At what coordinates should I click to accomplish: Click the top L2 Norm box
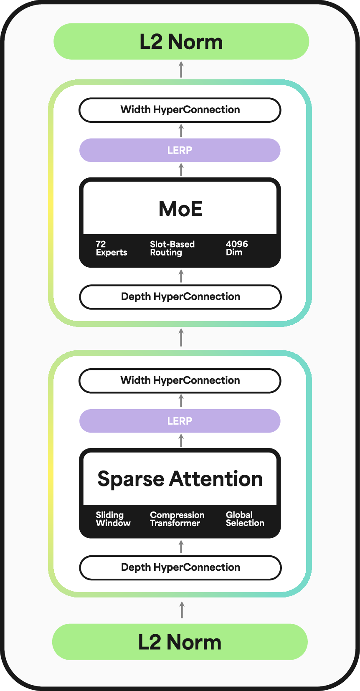(x=181, y=41)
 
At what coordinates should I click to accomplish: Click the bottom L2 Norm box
(x=180, y=642)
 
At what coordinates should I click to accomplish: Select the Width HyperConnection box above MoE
(x=180, y=110)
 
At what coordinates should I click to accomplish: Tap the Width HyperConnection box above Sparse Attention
(x=180, y=380)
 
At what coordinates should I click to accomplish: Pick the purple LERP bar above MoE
(x=180, y=150)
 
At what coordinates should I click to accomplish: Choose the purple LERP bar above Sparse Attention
(x=180, y=421)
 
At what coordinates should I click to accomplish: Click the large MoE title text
(x=180, y=209)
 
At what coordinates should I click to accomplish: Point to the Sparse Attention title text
(x=180, y=479)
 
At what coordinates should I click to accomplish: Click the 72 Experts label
(x=111, y=248)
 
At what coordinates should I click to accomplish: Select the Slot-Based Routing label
(x=172, y=248)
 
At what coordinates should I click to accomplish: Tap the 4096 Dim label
(x=236, y=248)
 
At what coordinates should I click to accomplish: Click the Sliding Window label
(x=113, y=519)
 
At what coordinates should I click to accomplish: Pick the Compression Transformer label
(x=177, y=519)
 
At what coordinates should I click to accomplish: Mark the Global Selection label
(x=245, y=519)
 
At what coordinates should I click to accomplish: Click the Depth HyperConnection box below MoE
(x=180, y=297)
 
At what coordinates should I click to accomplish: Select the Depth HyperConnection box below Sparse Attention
(x=180, y=567)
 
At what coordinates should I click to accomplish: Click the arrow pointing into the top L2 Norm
(x=181, y=69)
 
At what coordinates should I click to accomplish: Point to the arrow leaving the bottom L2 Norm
(x=181, y=610)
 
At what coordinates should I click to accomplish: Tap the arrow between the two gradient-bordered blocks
(x=181, y=337)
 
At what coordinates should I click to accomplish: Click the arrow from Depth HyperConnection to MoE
(x=181, y=276)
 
